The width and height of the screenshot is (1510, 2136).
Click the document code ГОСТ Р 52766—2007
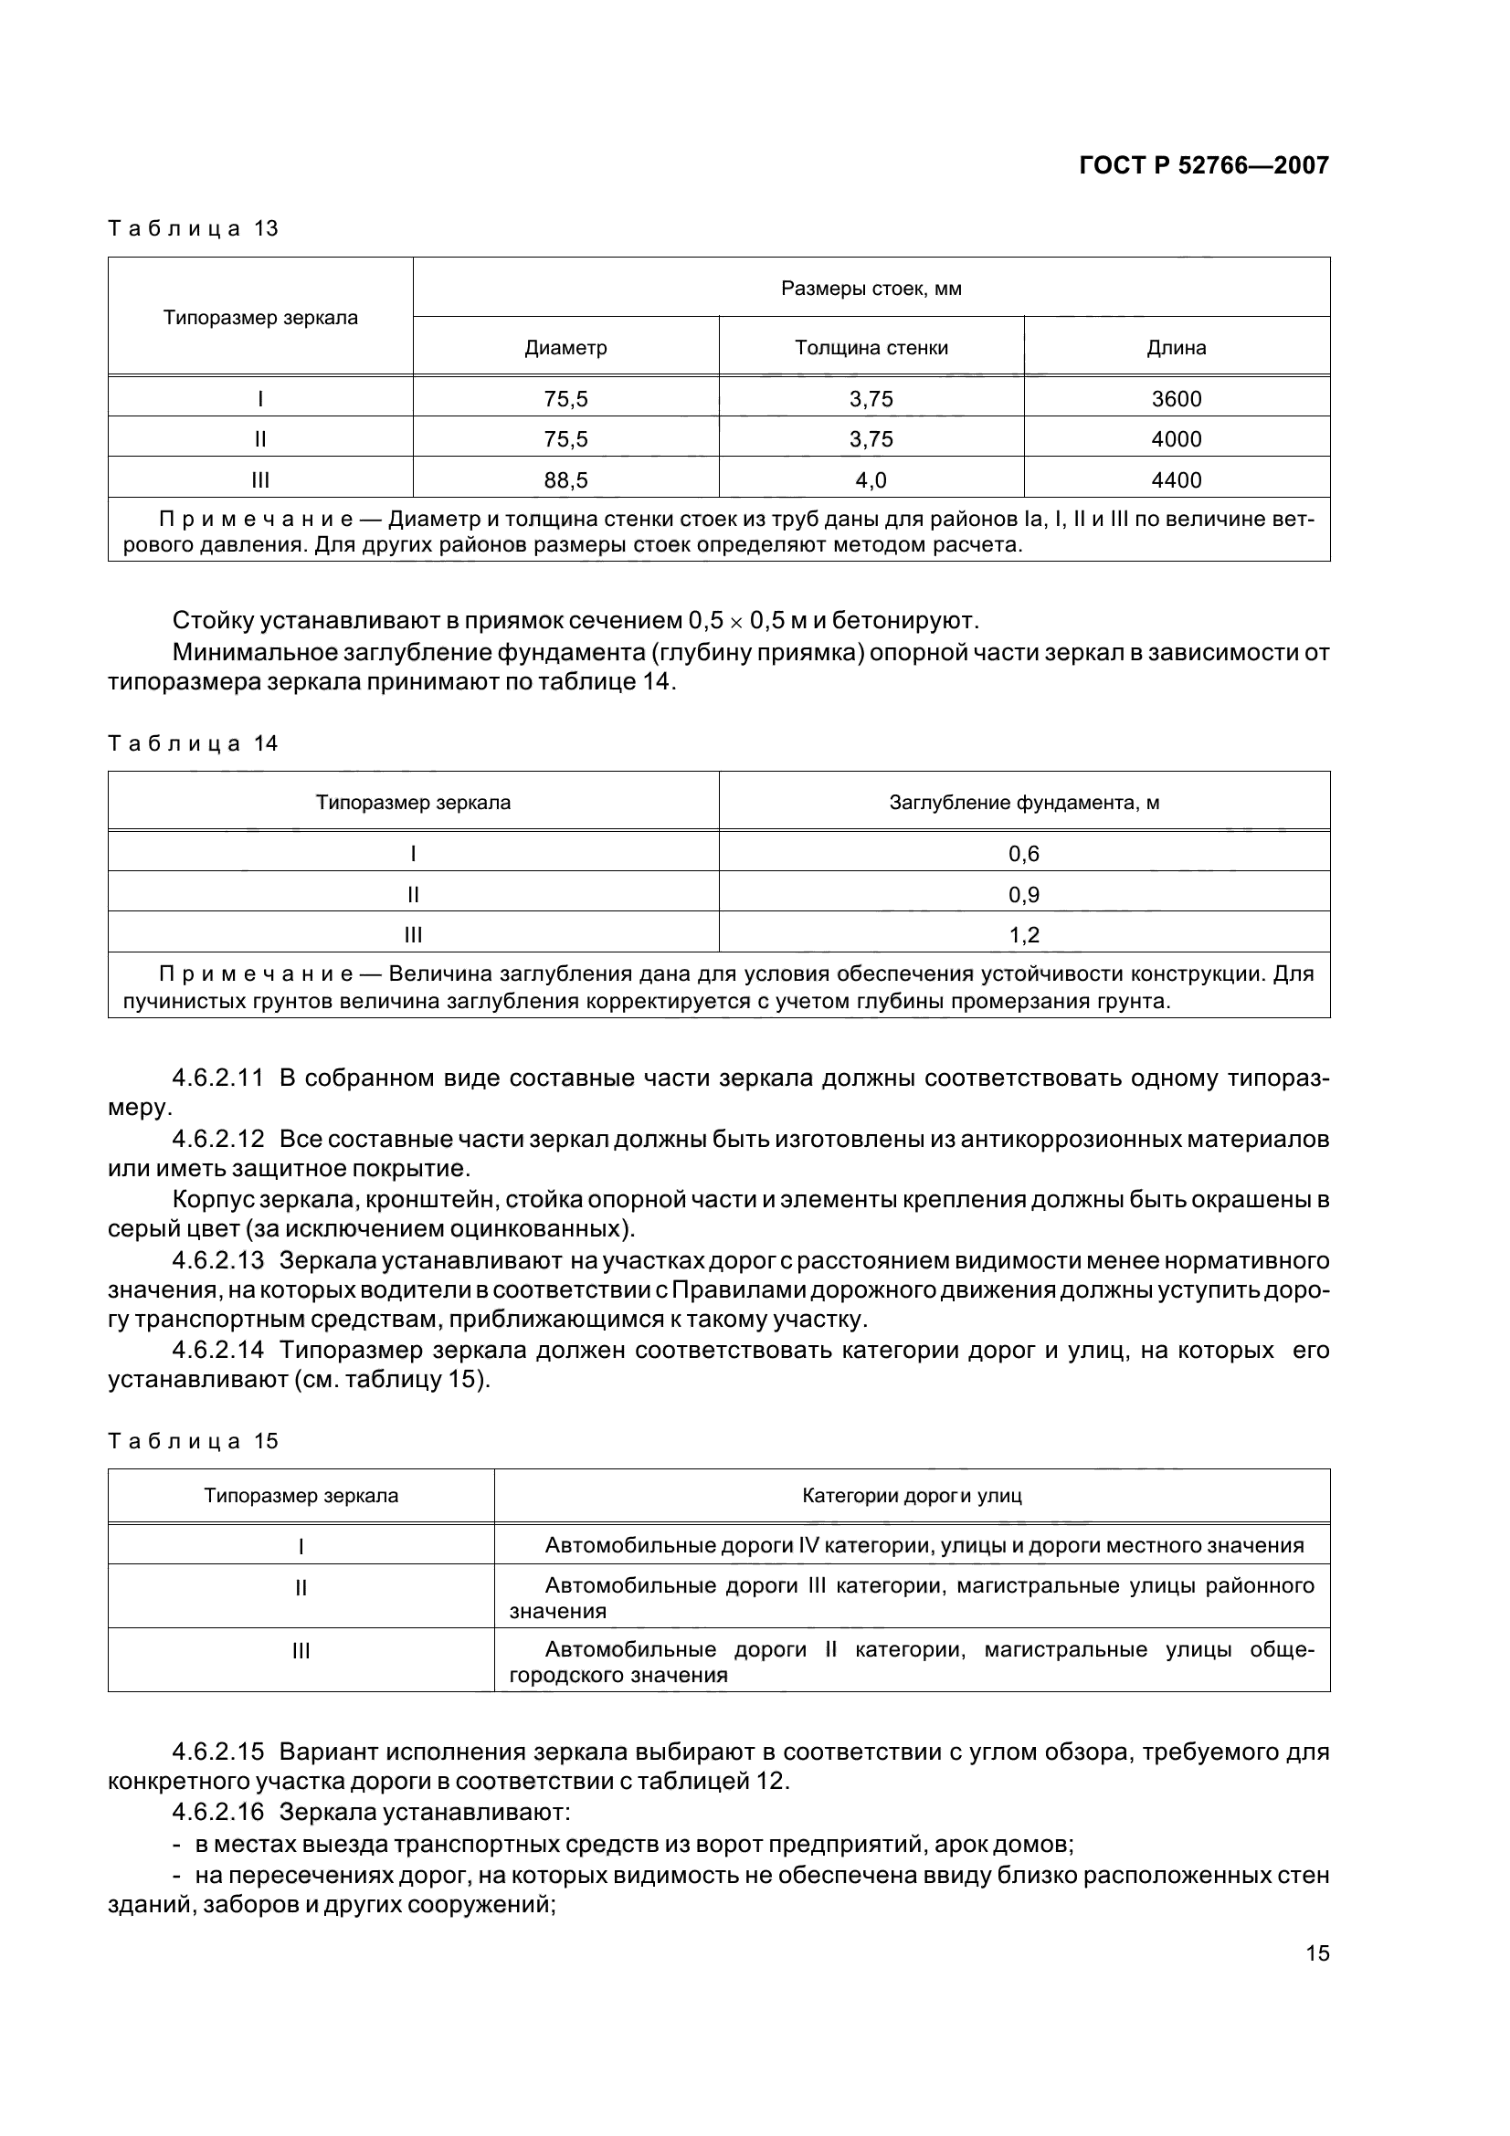pos(1203,165)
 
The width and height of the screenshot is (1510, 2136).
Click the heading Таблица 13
pos(194,229)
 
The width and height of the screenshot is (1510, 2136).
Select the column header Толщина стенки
pos(871,348)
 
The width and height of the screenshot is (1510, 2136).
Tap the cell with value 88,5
pos(565,480)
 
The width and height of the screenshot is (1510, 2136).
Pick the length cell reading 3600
pos(1176,399)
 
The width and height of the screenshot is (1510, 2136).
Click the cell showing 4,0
pos(871,480)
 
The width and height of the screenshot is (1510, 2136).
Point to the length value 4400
pos(1176,480)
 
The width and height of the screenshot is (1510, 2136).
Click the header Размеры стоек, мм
pos(871,289)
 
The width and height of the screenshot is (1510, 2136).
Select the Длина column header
pos(1176,348)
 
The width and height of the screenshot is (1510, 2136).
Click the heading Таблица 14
pos(194,743)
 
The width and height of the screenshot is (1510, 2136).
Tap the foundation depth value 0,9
pos(1023,895)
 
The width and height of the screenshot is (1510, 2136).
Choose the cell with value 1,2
pos(1023,935)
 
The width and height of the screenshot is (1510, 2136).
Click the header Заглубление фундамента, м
pos(1023,802)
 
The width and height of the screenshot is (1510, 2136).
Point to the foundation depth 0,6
pos(1023,854)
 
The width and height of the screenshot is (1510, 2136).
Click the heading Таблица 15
pos(194,1441)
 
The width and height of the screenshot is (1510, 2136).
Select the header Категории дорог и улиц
pos(912,1496)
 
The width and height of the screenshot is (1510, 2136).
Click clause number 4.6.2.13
pos(218,1260)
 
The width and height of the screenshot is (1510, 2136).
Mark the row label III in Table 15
pos(301,1650)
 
